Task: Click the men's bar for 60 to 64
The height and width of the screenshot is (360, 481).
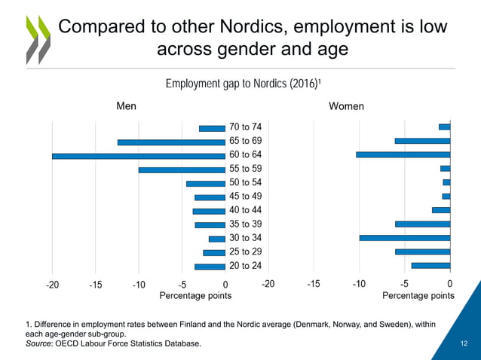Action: (x=139, y=156)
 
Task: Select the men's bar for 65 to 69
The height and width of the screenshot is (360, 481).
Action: (x=171, y=142)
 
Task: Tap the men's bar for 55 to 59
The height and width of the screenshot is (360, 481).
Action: (x=182, y=169)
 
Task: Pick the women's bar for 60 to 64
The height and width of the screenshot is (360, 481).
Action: (x=403, y=154)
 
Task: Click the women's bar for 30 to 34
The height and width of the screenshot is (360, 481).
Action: (x=404, y=238)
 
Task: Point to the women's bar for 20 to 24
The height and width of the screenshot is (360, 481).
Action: (x=430, y=265)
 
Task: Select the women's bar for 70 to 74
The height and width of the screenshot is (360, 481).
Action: (x=444, y=127)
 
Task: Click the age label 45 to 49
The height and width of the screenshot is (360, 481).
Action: (x=246, y=197)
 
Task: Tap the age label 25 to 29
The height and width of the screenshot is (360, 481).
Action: (x=246, y=252)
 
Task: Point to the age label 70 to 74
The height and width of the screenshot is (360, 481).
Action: (x=246, y=127)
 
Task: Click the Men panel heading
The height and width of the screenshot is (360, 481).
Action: (x=126, y=106)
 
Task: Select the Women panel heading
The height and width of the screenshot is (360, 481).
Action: (x=346, y=106)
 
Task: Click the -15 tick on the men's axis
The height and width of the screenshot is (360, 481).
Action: (x=95, y=285)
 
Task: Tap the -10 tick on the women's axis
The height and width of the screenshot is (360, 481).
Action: (x=359, y=284)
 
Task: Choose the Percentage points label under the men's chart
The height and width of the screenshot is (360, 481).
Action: (x=195, y=296)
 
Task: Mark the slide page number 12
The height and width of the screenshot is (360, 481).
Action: (x=464, y=344)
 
